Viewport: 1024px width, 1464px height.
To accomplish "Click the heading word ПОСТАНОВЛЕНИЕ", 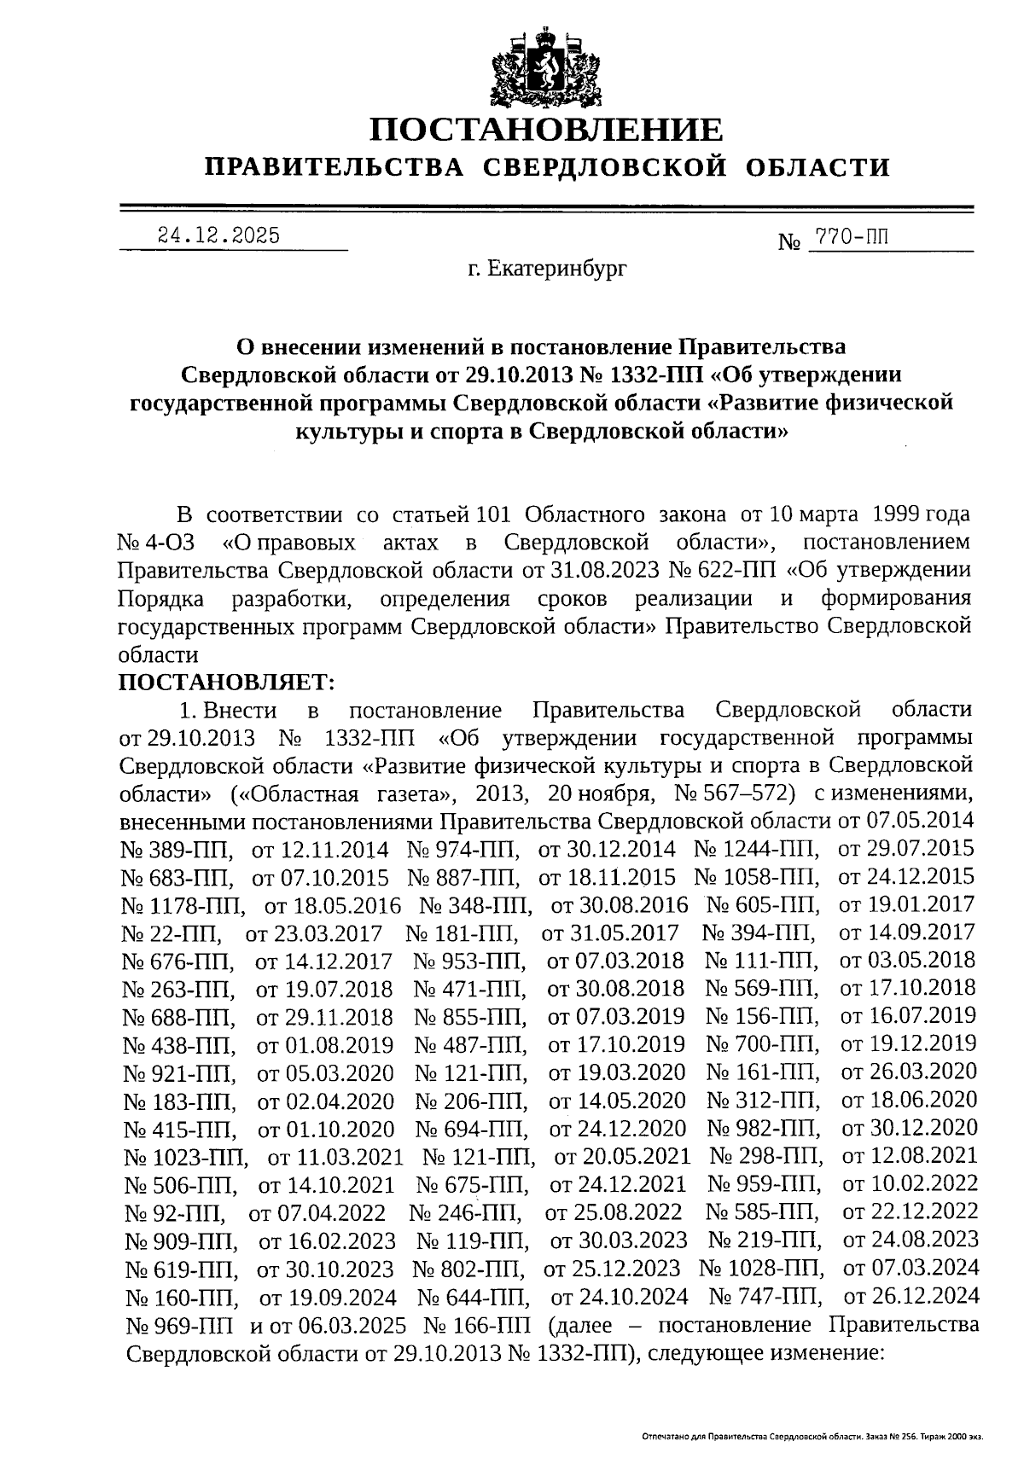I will [546, 130].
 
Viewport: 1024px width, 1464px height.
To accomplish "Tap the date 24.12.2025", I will [218, 235].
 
